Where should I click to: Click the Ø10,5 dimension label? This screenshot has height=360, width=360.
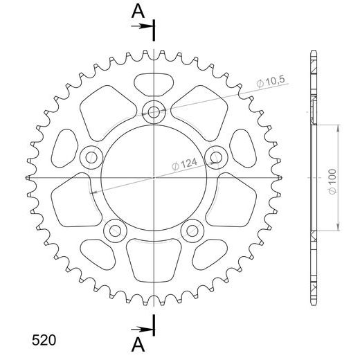pyautogui.click(x=271, y=82)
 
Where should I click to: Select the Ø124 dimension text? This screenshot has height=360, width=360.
pyautogui.click(x=185, y=164)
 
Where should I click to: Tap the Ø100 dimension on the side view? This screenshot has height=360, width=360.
pyautogui.click(x=332, y=181)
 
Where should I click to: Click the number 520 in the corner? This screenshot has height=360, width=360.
pyautogui.click(x=44, y=340)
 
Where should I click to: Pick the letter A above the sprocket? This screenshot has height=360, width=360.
pyautogui.click(x=138, y=12)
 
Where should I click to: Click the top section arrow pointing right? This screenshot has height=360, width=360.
pyautogui.click(x=142, y=26)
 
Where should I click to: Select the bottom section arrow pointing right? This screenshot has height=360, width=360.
pyautogui.click(x=142, y=330)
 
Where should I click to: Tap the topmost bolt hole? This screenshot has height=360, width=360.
pyautogui.click(x=154, y=113)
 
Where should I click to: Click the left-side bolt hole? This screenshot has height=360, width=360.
pyautogui.click(x=91, y=158)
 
